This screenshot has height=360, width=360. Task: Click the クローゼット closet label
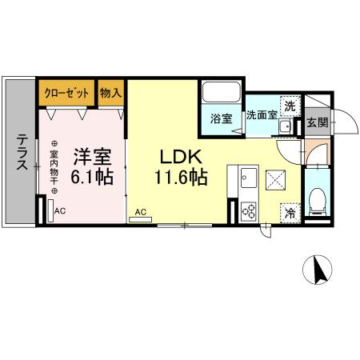click(67, 92)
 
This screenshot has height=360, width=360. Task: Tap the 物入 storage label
click(111, 92)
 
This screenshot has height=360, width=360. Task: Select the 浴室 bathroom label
click(221, 118)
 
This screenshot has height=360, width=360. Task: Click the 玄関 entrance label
click(317, 122)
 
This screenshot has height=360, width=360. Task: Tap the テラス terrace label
click(20, 152)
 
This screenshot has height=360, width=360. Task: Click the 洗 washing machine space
click(291, 106)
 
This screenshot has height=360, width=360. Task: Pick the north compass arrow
click(322, 272)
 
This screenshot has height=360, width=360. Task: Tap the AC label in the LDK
click(140, 212)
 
